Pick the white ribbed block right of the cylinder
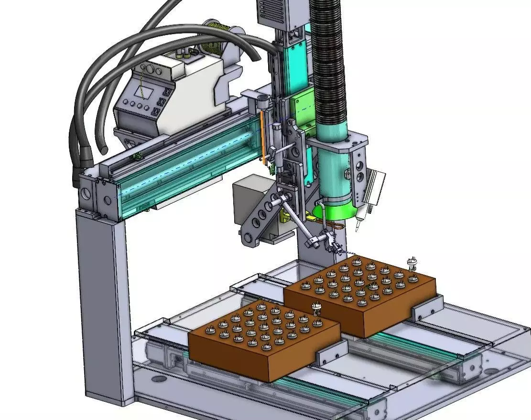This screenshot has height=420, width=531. (376, 187)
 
